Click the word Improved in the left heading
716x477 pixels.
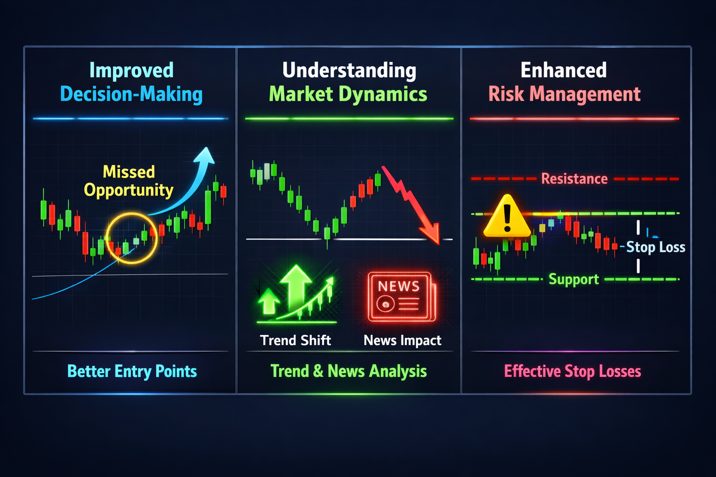131,70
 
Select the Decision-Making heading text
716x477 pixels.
131,94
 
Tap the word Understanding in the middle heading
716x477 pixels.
349,70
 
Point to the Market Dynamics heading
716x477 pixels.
348,94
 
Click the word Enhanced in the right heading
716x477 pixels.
564,70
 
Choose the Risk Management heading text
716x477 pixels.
565,94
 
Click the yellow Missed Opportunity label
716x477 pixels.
129,181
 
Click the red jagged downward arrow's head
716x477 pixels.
432,235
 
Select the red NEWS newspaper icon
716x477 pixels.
401,297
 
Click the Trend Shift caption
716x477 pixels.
296,340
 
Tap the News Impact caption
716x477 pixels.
402,341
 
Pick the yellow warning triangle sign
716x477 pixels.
507,217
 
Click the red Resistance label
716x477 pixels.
574,178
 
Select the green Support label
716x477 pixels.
574,279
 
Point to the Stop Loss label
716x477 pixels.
655,247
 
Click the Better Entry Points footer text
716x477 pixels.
132,371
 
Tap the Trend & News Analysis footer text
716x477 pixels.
349,371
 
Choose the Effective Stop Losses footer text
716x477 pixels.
572,371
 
